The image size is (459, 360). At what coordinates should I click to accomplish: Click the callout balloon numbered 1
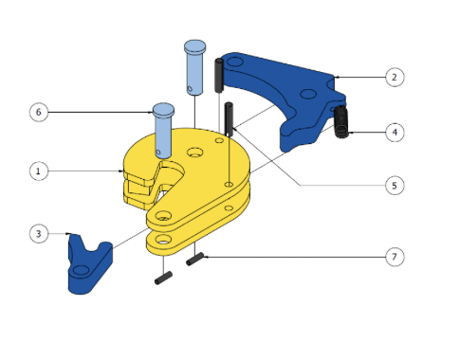click(39, 171)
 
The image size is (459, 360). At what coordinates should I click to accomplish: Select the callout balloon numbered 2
click(395, 77)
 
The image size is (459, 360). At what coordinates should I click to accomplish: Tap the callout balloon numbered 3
click(39, 234)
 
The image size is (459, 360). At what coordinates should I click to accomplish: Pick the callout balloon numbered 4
click(395, 132)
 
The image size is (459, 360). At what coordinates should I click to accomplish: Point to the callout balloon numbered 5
click(395, 186)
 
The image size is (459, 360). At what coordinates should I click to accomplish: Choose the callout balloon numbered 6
click(39, 112)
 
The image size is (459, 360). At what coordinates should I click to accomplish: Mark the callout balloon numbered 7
click(395, 257)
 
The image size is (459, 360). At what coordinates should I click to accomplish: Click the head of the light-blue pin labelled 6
click(163, 109)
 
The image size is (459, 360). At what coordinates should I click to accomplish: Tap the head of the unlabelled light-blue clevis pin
click(194, 46)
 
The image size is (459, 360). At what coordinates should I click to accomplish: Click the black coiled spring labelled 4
click(341, 121)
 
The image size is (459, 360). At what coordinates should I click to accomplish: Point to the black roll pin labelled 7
click(195, 260)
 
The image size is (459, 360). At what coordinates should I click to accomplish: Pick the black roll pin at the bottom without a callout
click(163, 278)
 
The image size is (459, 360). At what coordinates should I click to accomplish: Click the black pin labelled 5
click(229, 119)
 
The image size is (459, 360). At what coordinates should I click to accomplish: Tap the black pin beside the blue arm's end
click(219, 75)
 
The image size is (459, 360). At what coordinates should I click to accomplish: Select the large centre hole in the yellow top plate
click(195, 153)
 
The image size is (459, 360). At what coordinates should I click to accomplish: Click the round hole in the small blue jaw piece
click(81, 270)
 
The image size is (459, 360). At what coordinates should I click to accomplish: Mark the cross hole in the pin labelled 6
click(158, 153)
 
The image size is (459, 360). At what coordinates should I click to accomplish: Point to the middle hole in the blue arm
click(308, 94)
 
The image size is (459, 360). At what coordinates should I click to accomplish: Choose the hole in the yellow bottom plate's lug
click(163, 240)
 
